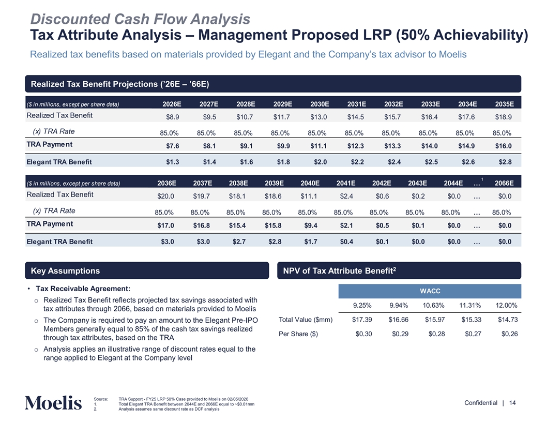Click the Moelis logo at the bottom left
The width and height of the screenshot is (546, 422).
[x=53, y=403]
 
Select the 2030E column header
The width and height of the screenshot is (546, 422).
[x=320, y=104]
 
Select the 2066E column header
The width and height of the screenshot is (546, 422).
[x=503, y=183]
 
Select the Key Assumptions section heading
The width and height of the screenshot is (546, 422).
[x=66, y=271]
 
